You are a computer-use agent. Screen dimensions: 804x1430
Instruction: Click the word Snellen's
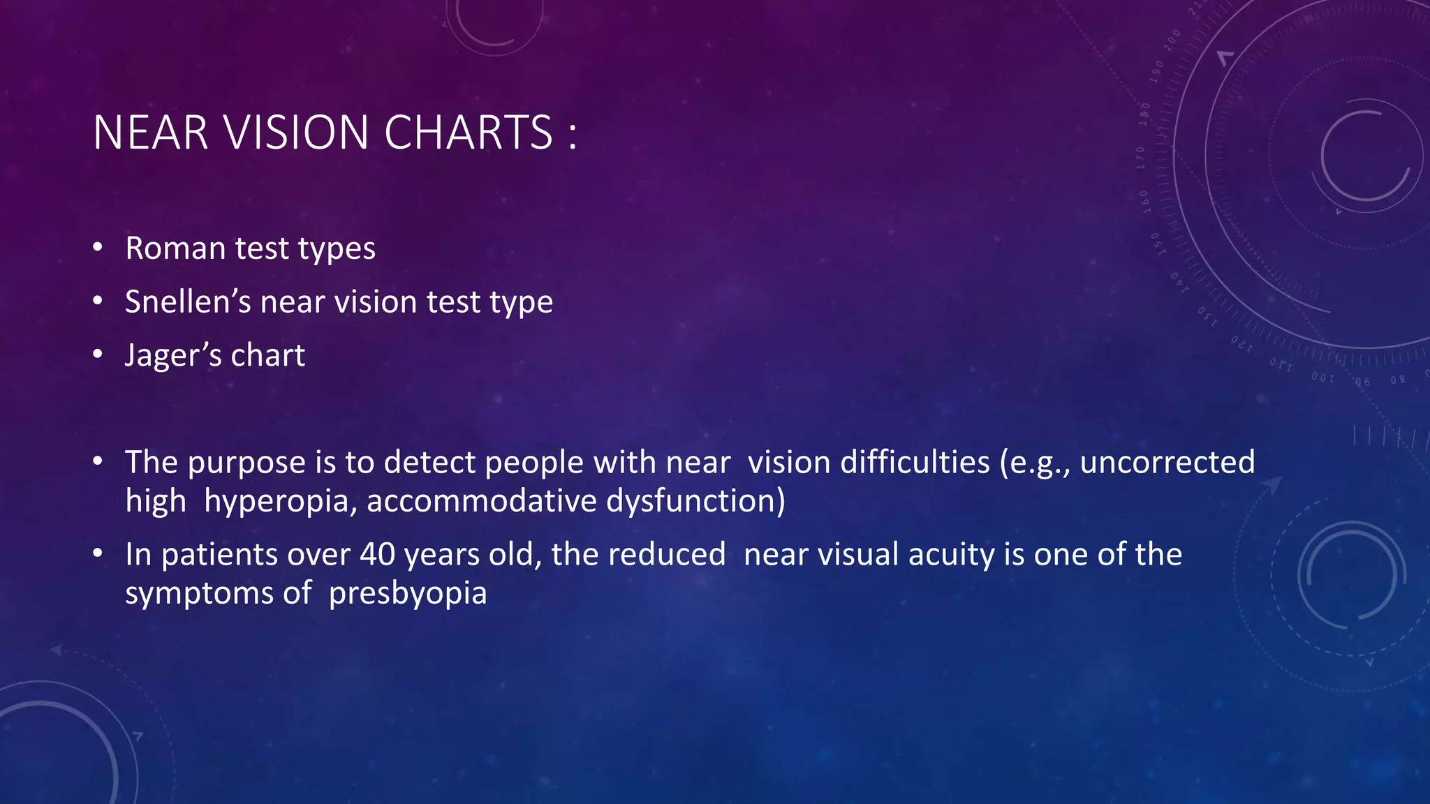click(x=187, y=302)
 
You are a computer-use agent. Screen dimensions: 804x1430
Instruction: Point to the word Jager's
click(x=172, y=356)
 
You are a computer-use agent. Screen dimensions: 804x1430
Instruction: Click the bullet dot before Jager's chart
click(x=98, y=355)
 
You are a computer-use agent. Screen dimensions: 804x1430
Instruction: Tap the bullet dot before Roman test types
click(x=98, y=247)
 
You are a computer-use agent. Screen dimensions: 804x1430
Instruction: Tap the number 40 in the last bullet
click(x=377, y=555)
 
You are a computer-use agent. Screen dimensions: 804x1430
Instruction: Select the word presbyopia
click(x=408, y=594)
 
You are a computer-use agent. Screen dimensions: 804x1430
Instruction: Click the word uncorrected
click(x=1167, y=463)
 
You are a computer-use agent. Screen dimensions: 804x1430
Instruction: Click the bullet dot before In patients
click(x=98, y=554)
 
